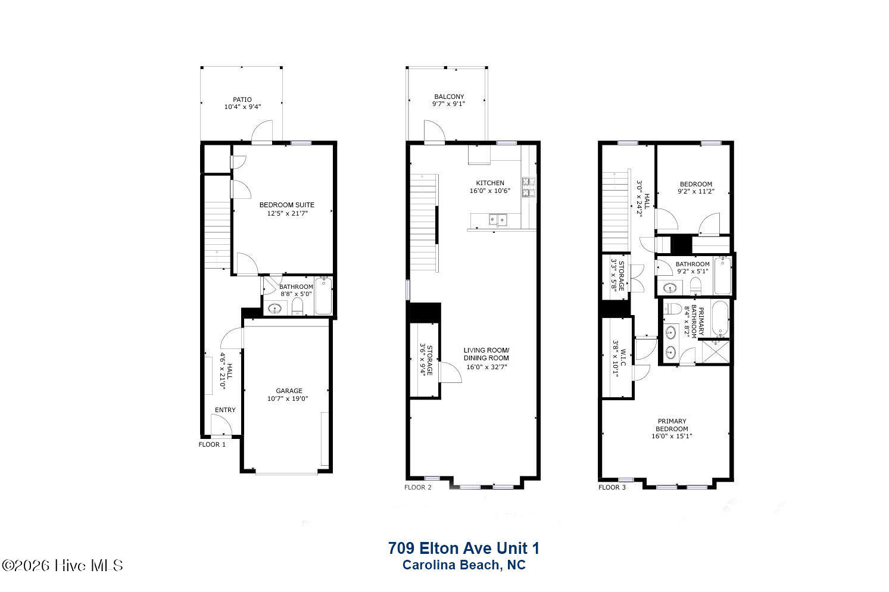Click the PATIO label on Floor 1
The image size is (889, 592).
point(242,99)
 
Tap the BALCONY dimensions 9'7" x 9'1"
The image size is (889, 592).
point(448,104)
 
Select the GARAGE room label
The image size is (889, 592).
point(289,391)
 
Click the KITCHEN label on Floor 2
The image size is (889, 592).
point(490,183)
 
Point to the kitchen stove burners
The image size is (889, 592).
point(529,187)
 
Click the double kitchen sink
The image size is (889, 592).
point(498,220)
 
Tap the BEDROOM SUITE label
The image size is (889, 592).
point(287,205)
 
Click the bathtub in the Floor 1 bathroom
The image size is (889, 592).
point(324,296)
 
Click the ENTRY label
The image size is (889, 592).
point(225,410)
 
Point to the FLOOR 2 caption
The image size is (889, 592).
point(417,487)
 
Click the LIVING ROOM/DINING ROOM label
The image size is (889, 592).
point(486,354)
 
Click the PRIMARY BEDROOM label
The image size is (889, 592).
point(672,425)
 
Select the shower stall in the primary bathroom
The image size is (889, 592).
point(716,351)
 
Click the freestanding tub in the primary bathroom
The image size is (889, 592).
point(720,319)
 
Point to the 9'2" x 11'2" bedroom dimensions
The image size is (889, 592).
point(696,191)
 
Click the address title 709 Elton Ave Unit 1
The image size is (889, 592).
point(463,549)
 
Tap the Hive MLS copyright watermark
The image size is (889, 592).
point(63,566)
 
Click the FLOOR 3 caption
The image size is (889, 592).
point(612,487)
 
